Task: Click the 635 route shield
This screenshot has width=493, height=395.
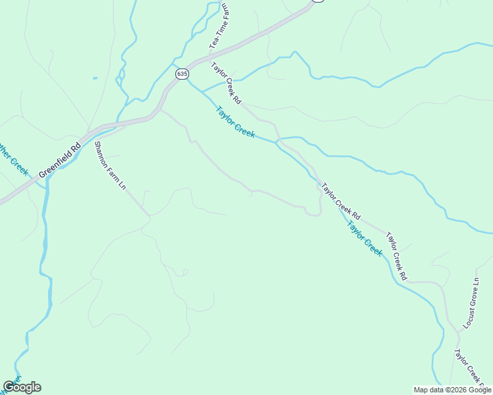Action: (181, 74)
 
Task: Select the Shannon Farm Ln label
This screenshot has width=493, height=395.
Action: (110, 165)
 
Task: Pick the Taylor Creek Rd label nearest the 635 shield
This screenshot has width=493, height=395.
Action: (227, 84)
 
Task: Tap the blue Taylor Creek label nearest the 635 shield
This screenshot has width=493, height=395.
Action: (235, 122)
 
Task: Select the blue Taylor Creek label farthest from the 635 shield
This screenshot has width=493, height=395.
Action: (364, 238)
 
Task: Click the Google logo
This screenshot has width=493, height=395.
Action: (22, 387)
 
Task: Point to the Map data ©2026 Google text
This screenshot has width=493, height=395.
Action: (452, 390)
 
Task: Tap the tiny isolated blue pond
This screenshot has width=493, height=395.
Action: (95, 78)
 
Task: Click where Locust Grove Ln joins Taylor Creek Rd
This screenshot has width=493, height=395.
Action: (457, 330)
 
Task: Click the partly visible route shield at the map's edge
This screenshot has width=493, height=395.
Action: (318, 1)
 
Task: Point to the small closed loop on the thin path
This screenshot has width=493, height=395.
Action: (185, 272)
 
